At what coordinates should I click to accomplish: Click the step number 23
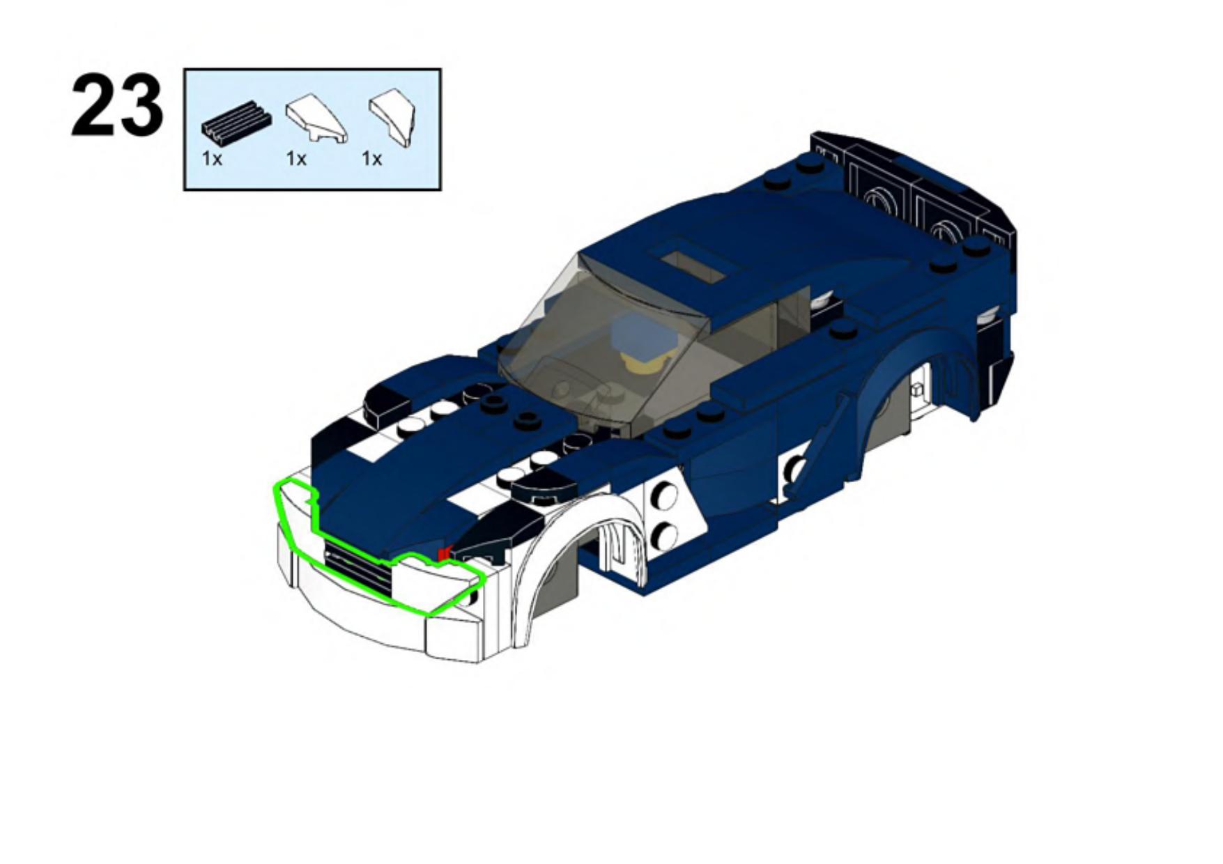[117, 105]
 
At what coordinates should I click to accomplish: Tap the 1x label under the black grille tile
[212, 160]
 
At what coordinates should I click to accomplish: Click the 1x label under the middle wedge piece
[296, 160]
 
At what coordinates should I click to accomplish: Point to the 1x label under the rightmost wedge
[371, 160]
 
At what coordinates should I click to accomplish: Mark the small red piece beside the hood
[443, 554]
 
